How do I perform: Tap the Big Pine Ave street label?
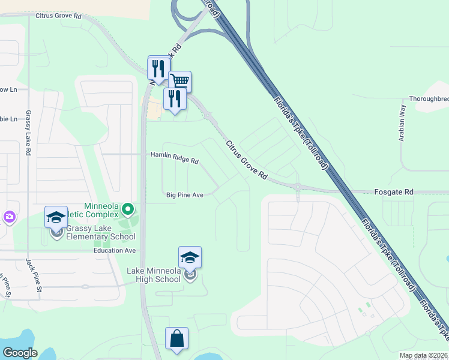[x=185, y=195]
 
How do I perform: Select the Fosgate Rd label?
[x=400, y=192]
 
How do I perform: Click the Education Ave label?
[x=115, y=250]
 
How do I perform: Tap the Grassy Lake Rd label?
[x=28, y=133]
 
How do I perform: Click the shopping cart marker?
[x=179, y=81]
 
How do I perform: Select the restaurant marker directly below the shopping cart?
[x=175, y=99]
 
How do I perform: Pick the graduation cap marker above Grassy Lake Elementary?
[x=56, y=217]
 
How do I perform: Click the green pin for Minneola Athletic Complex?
[x=127, y=209]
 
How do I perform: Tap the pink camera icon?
[x=9, y=217]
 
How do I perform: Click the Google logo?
[x=20, y=353]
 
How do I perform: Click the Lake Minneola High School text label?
[x=154, y=275]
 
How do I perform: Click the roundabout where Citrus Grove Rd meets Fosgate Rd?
[x=298, y=187]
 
